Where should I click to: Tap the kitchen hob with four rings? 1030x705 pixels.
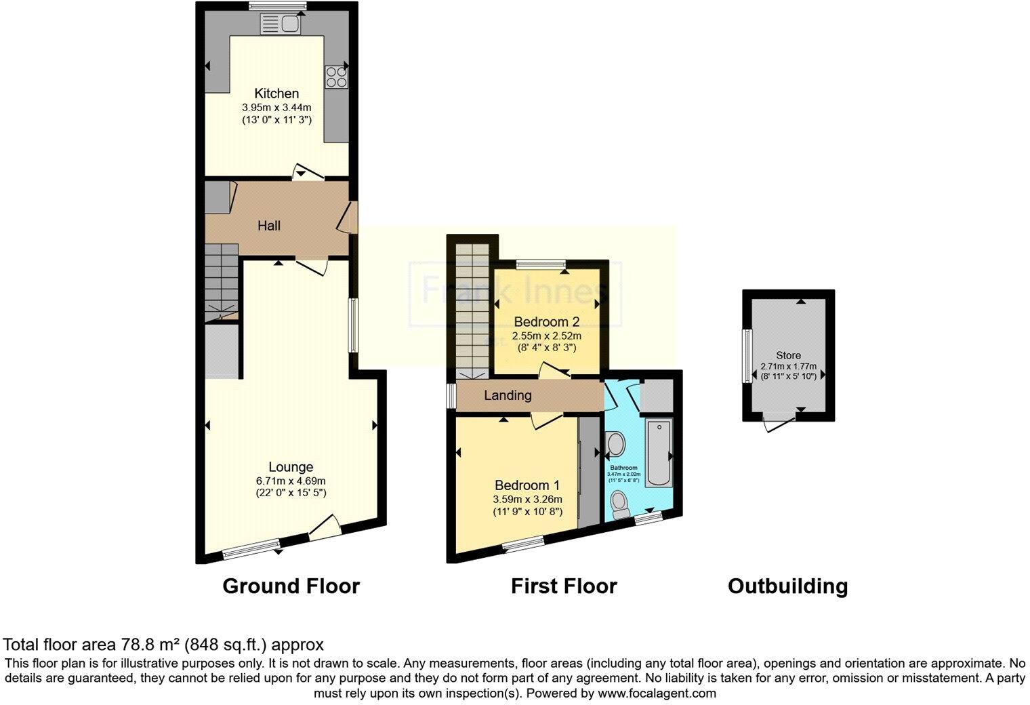pos(336,77)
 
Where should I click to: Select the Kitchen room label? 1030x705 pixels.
pos(276,94)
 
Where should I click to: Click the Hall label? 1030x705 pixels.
pos(269,226)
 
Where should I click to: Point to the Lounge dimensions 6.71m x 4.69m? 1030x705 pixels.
pos(291,481)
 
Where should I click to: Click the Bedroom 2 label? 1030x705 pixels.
pos(547,321)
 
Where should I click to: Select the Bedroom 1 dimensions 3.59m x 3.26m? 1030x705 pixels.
pos(527,500)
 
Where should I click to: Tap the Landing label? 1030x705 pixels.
pos(508,395)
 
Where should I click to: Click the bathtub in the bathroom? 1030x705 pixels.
pos(658,453)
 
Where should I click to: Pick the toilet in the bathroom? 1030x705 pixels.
pos(619,505)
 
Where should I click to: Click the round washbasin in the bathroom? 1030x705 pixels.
pos(617,445)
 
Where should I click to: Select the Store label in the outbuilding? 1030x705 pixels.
pos(788,355)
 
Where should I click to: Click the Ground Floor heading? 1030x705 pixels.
pos(291,586)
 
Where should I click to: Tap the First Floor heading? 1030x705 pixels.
pos(564,586)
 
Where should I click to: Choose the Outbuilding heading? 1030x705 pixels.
pos(787,586)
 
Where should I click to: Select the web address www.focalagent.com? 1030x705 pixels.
pos(655,693)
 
